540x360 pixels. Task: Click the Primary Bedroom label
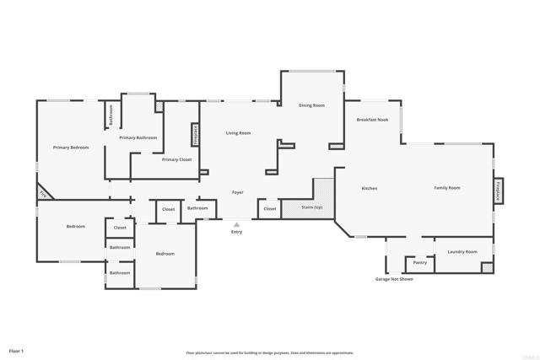[x=71, y=148]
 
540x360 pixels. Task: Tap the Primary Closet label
[x=176, y=159]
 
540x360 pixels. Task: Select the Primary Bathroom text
[x=138, y=137]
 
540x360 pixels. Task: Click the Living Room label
[x=238, y=133]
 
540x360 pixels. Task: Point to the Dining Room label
[x=311, y=105]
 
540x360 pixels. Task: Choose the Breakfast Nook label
[x=372, y=120]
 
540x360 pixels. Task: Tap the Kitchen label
[x=369, y=188]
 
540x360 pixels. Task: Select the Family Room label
[x=447, y=187]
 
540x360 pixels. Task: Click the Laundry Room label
[x=462, y=251]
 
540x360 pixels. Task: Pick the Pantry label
[x=420, y=262]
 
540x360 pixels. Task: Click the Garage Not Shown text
[x=394, y=279]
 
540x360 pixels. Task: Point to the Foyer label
[x=238, y=193]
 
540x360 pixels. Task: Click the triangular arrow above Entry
[x=236, y=224]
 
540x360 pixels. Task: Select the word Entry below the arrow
[x=236, y=232]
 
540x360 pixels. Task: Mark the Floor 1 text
[x=17, y=350]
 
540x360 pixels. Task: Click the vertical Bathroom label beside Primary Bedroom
[x=111, y=116]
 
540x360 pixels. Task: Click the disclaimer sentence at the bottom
[x=270, y=352]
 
